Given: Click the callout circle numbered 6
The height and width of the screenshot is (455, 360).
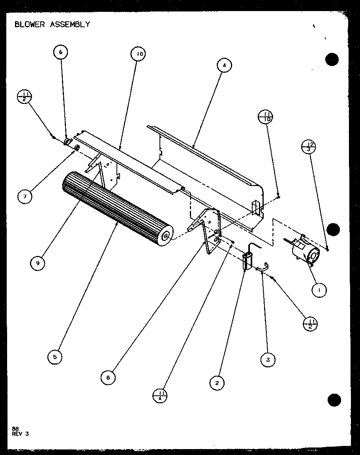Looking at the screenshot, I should [x=61, y=52].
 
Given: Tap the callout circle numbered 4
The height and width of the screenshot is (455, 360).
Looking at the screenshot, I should [x=224, y=66].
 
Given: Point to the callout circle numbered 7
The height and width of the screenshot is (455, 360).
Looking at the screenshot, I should [x=25, y=196].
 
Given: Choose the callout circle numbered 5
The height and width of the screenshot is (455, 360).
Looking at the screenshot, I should [x=54, y=357].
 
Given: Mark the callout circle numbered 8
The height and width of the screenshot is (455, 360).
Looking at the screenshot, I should [x=108, y=377].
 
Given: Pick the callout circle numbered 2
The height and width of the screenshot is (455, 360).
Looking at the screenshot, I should [x=217, y=382].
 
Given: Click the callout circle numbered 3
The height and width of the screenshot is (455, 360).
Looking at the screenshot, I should [x=268, y=359].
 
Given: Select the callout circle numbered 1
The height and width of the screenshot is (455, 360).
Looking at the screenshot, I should [x=319, y=291].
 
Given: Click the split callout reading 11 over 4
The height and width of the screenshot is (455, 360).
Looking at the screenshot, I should [x=160, y=395].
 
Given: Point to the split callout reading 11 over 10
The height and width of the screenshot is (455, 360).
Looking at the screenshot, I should [x=265, y=117].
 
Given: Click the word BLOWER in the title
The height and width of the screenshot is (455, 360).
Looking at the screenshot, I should [x=30, y=24].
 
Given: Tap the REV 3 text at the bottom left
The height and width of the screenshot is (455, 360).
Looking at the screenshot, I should [x=21, y=433].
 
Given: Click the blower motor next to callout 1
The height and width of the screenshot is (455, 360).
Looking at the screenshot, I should [x=306, y=252].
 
